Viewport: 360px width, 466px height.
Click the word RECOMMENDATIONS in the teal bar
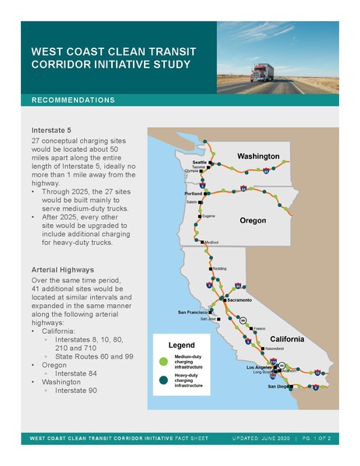click(x=73, y=100)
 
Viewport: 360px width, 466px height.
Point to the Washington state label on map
click(x=258, y=156)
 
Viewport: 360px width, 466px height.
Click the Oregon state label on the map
click(x=252, y=221)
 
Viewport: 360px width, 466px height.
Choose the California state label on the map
click(x=292, y=340)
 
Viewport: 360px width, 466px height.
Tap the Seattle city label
click(x=199, y=161)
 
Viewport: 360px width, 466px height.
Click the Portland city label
click(x=192, y=193)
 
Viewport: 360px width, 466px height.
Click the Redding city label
click(x=219, y=268)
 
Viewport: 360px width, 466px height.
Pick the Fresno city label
click(x=260, y=329)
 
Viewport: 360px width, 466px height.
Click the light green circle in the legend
click(x=163, y=361)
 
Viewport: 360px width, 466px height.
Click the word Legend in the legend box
click(x=181, y=344)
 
